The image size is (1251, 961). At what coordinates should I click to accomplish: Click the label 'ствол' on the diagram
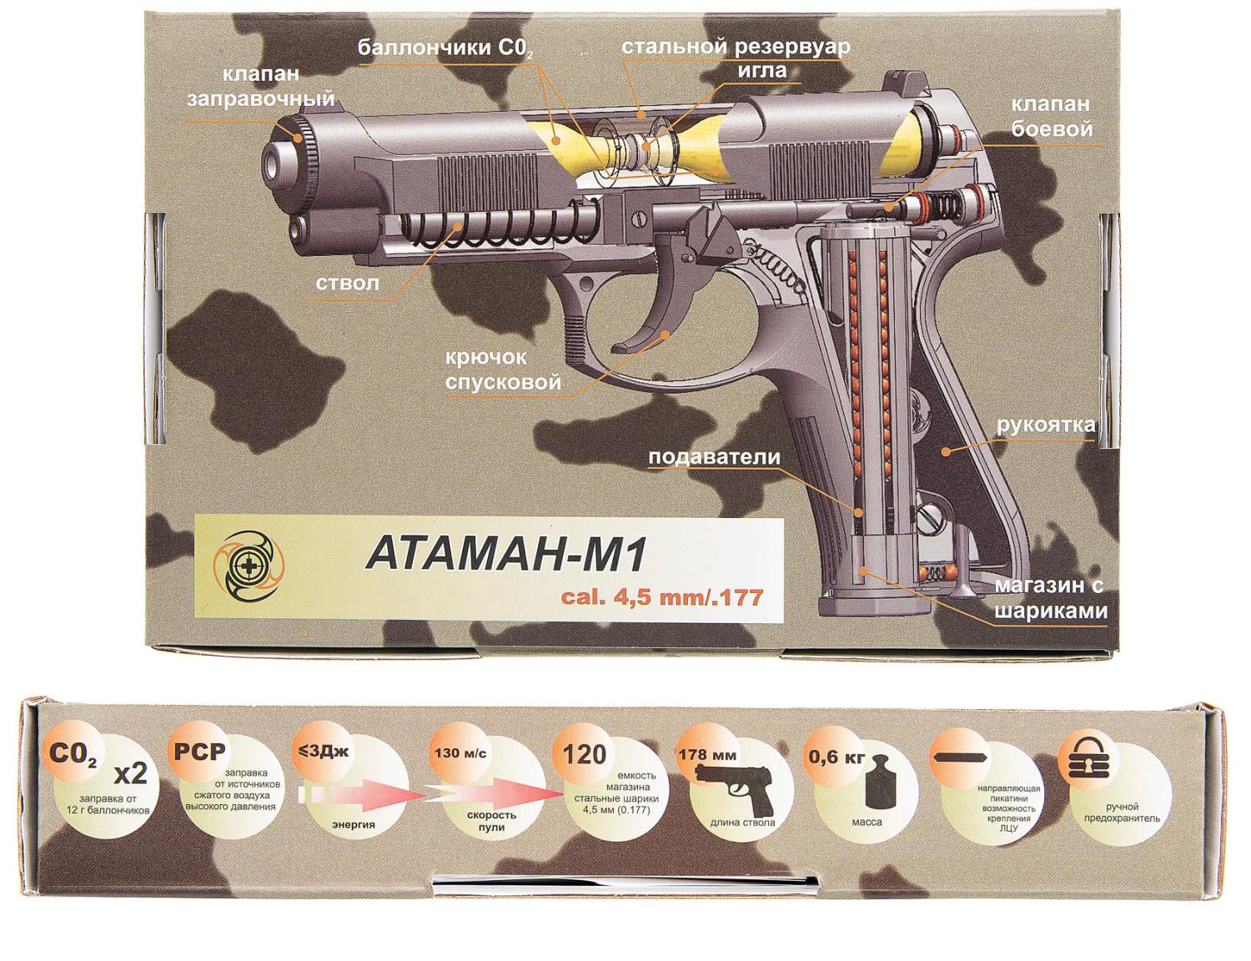tap(347, 283)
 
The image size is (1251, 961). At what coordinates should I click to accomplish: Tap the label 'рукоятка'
tap(1046, 425)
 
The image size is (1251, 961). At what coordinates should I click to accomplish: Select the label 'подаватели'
tap(714, 457)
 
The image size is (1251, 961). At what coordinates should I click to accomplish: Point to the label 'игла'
tap(761, 70)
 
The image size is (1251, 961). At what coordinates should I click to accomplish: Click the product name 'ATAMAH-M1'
tap(506, 556)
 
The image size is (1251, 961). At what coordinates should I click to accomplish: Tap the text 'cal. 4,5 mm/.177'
tap(662, 596)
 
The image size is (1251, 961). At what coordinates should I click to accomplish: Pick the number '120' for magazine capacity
tap(584, 755)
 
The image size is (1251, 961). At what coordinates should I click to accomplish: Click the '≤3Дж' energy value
tap(321, 751)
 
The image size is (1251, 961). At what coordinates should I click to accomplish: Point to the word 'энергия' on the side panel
tap(353, 824)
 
